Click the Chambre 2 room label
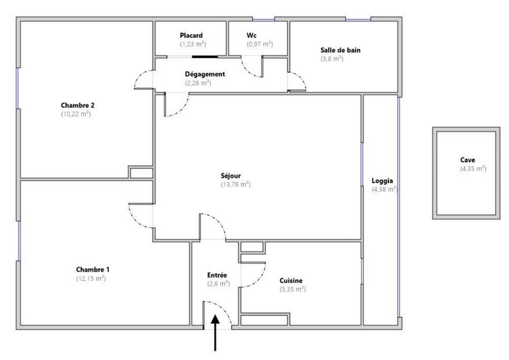point(78,105)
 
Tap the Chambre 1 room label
point(92,270)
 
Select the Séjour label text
point(231,176)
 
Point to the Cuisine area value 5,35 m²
point(293,289)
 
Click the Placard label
point(191,35)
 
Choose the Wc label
point(252,35)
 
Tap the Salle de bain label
point(340,50)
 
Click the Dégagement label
point(205,74)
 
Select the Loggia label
point(382,181)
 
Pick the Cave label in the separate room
point(468,160)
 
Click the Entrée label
point(217,275)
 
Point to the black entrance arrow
point(215,333)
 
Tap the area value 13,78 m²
point(236,184)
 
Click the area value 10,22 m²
point(76,114)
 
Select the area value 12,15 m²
point(91,278)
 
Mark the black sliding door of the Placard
point(205,57)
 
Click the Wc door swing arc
point(250,67)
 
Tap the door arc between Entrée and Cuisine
point(254,275)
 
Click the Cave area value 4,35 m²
point(473,168)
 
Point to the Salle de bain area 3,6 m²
point(331,59)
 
